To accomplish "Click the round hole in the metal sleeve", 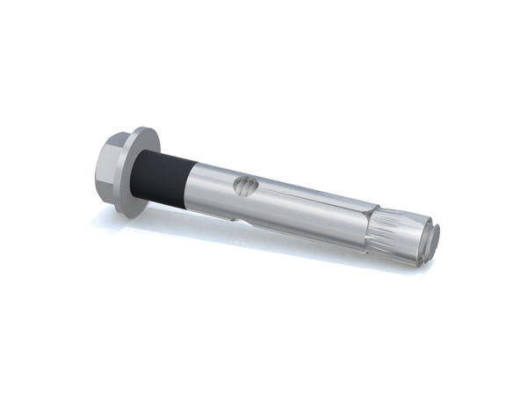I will click(247, 187).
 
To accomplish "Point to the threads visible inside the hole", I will click(249, 187).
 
